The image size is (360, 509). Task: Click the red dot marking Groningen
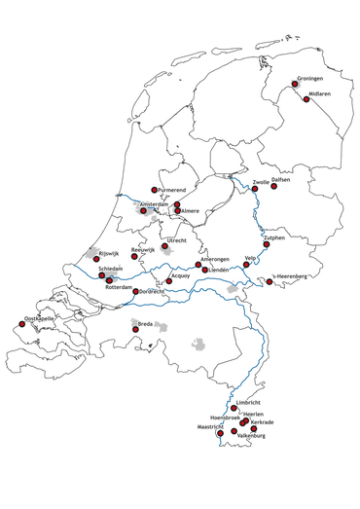(295, 84)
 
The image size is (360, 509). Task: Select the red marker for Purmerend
(154, 190)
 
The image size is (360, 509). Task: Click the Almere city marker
(177, 210)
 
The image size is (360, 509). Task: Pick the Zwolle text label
(261, 182)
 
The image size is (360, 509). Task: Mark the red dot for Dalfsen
(273, 186)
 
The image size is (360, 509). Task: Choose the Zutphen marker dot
(266, 243)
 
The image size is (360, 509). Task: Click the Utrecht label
(176, 239)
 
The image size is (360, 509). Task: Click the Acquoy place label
(180, 275)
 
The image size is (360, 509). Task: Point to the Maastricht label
(211, 427)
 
